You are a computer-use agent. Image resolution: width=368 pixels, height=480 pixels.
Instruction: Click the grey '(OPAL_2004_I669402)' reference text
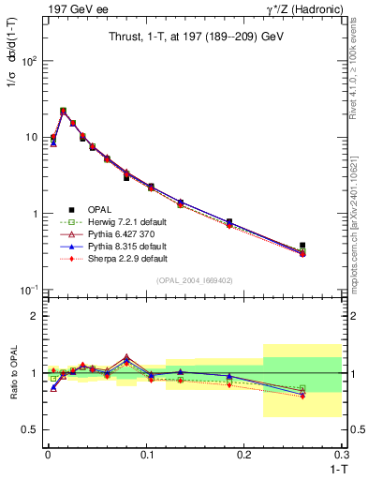point(196,278)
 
